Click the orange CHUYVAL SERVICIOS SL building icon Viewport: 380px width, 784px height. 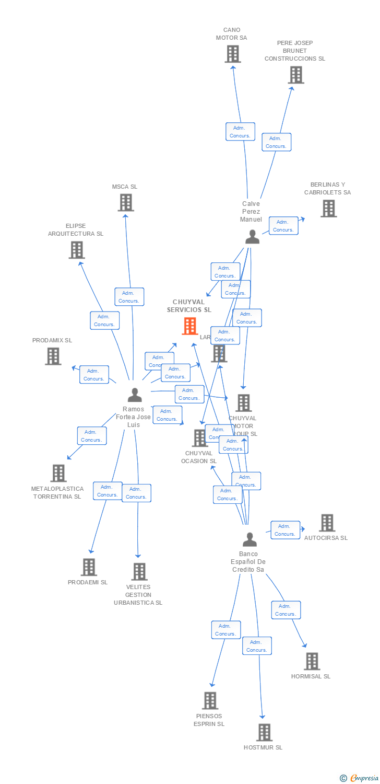coord(190,326)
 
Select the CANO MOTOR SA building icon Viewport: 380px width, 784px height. coord(232,54)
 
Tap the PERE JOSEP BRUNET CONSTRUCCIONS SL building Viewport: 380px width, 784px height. coord(296,75)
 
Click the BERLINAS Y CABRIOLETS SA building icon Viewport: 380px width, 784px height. coord(328,209)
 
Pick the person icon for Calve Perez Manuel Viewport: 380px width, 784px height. coord(252,237)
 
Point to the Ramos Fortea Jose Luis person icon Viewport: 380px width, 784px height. coord(135,395)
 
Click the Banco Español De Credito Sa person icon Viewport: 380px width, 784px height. coord(250,539)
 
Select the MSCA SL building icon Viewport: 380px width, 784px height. coord(126,202)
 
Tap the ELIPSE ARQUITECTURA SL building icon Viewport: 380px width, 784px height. coord(77,250)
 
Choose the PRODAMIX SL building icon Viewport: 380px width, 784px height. coord(53,356)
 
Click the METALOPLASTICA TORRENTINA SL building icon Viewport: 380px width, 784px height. coord(58,473)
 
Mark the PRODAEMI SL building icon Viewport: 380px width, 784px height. coord(89,567)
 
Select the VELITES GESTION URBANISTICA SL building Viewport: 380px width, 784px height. coord(139,572)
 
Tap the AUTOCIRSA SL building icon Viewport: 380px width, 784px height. coord(327,523)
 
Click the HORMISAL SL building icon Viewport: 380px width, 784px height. coord(312,661)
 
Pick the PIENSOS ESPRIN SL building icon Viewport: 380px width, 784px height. coord(210,700)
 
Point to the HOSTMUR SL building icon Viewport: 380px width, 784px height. coord(265,732)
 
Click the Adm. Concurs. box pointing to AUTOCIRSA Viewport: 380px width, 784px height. coord(285,530)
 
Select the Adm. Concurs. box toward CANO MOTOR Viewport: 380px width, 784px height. coord(240,132)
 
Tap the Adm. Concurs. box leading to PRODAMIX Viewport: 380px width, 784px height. coord(94,375)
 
